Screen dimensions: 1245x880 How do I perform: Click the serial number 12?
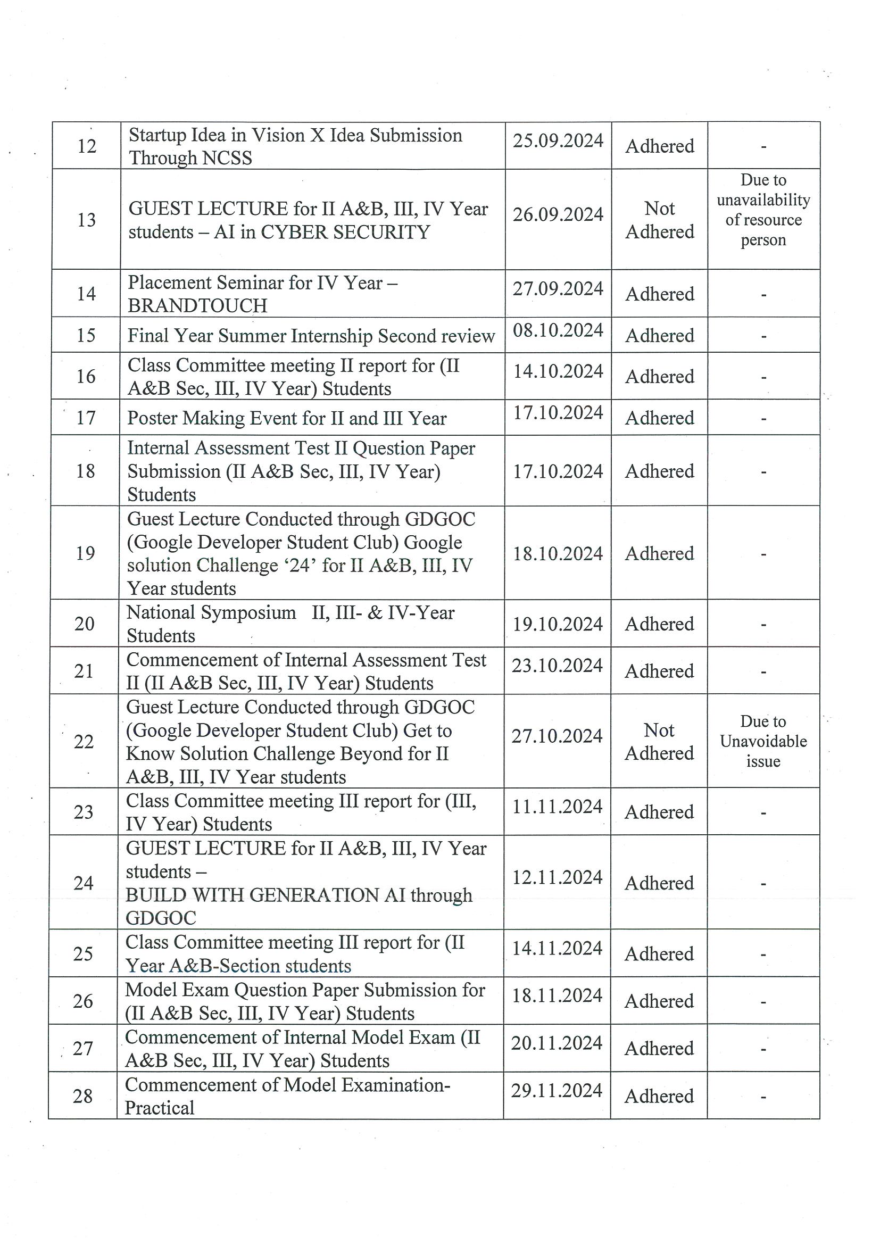coord(87,146)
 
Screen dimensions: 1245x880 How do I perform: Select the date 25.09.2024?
coord(558,140)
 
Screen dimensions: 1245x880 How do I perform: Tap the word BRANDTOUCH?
coord(197,306)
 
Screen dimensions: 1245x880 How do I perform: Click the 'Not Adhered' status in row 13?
coord(659,220)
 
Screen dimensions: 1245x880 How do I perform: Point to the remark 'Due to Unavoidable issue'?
coord(763,741)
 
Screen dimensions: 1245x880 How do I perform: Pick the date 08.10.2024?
coord(558,330)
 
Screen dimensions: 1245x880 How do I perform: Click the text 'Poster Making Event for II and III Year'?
coord(287,418)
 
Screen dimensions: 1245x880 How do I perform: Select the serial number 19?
coord(85,553)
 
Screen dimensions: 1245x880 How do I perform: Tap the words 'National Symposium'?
coord(211,612)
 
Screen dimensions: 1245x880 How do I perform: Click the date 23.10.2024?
coord(557,666)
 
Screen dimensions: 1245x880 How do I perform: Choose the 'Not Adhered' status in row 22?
coord(659,741)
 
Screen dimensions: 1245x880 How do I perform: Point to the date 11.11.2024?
coord(557,806)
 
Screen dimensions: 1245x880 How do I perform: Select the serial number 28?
coord(82,1096)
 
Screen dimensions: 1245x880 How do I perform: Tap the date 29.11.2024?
coord(557,1090)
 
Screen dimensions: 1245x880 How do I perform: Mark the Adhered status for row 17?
coord(659,418)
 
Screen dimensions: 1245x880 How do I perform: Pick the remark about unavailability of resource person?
coord(763,210)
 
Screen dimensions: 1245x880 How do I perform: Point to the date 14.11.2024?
coord(557,948)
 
